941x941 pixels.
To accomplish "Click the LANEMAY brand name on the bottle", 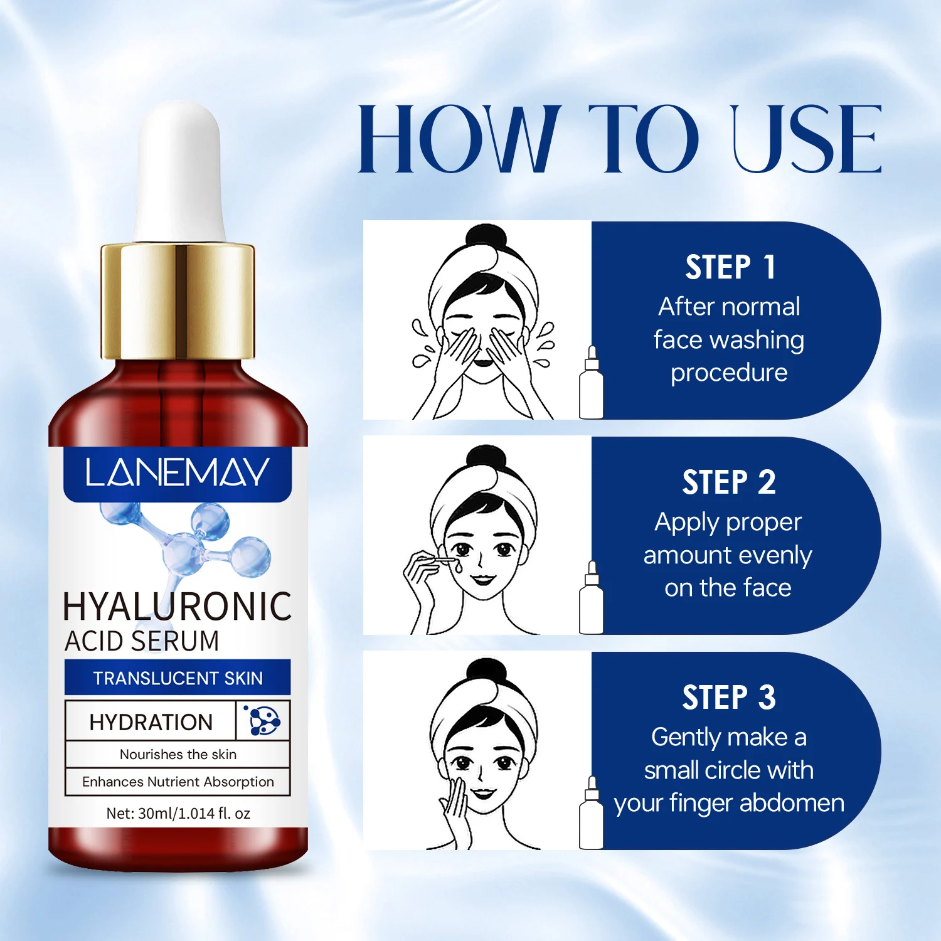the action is tap(177, 472).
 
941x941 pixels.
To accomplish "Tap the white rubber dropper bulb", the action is tap(179, 171).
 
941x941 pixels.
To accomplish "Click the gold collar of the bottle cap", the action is tap(178, 300).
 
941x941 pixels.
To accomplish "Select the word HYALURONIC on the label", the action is tap(178, 606).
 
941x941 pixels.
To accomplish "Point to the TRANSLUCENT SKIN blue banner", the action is tap(178, 678).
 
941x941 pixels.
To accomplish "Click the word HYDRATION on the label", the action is tap(151, 722).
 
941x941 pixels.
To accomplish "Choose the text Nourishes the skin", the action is tap(178, 754).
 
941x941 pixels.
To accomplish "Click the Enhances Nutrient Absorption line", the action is tap(178, 782).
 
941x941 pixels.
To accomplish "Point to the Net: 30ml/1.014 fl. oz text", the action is tap(178, 814).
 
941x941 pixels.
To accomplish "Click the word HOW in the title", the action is tap(459, 139).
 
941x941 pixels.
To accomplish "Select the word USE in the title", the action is tap(807, 139).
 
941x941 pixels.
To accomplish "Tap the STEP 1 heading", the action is tap(730, 267).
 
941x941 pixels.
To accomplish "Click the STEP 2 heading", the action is tap(729, 482).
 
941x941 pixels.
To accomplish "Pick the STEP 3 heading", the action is tap(729, 698).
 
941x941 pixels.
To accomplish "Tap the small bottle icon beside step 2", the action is tap(591, 597).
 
